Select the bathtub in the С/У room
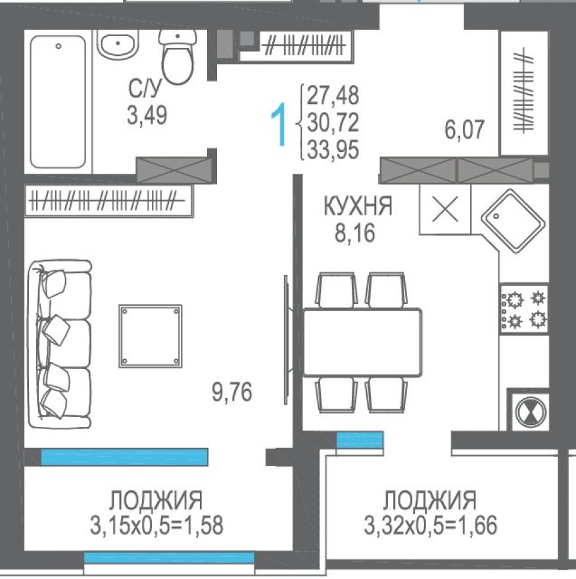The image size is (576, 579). (x=59, y=101)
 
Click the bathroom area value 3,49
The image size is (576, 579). (x=147, y=116)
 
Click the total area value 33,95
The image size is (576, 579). (x=333, y=151)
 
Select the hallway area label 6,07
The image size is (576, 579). (x=465, y=130)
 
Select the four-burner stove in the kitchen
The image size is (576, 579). (x=524, y=309)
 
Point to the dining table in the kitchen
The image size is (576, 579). (x=362, y=342)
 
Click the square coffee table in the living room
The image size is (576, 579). (x=150, y=336)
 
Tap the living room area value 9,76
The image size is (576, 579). (x=231, y=393)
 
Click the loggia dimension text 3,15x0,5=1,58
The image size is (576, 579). (x=156, y=525)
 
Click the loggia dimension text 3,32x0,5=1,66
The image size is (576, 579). (x=430, y=525)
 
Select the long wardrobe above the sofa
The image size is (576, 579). (x=108, y=200)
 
